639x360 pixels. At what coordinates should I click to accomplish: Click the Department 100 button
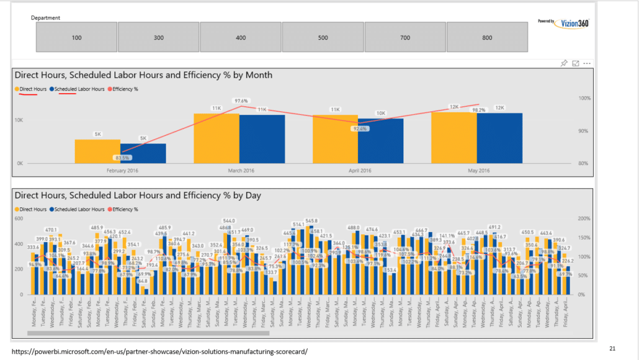[76, 38]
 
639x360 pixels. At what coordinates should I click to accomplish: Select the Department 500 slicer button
[323, 38]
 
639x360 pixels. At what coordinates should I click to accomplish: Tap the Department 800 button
[487, 38]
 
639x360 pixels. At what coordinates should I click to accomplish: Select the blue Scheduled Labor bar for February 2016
[143, 153]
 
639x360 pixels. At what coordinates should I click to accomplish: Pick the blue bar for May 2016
[499, 138]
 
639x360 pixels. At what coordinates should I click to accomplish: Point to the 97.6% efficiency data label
[241, 101]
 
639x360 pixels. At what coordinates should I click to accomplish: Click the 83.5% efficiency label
[121, 158]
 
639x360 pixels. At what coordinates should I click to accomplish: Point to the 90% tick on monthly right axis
[584, 131]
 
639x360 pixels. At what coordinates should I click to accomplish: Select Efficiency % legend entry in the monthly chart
[124, 89]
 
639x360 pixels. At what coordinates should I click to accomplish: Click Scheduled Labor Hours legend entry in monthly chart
[76, 89]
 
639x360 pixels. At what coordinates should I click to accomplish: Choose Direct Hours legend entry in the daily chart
[31, 210]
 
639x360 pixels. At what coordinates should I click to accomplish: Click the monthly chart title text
[143, 75]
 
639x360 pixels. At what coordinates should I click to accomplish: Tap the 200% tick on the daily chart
[584, 218]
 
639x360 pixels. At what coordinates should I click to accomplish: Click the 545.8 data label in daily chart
[311, 220]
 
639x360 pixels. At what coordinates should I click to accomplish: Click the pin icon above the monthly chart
[564, 63]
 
